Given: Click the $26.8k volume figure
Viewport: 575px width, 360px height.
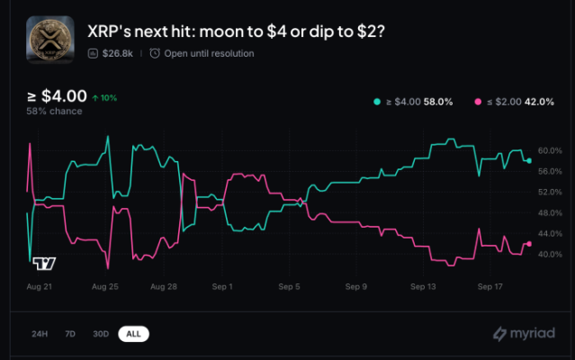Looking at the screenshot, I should click(x=118, y=54).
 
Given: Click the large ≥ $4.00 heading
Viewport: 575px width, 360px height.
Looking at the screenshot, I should click(x=57, y=96).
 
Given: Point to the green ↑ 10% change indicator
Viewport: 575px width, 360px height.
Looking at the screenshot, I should click(x=105, y=97).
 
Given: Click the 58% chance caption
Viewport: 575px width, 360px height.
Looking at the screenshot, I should click(x=54, y=112).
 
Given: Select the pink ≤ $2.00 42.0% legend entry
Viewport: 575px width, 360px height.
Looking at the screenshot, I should click(x=516, y=102).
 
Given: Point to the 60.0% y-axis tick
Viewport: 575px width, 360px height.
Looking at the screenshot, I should click(x=550, y=150).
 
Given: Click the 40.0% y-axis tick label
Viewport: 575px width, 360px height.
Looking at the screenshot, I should click(x=550, y=255).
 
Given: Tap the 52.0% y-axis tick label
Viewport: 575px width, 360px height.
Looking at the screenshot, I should click(x=550, y=192).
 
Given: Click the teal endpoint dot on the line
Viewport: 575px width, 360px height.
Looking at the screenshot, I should click(x=529, y=160).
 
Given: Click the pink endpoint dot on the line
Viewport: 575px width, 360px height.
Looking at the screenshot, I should click(x=529, y=244).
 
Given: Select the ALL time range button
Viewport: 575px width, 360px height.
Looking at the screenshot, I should click(x=133, y=334).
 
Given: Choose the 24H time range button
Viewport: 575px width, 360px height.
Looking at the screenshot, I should click(x=40, y=334).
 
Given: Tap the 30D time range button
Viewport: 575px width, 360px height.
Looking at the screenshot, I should click(x=100, y=334).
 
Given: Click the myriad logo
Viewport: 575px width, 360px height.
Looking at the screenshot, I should click(x=523, y=334).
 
